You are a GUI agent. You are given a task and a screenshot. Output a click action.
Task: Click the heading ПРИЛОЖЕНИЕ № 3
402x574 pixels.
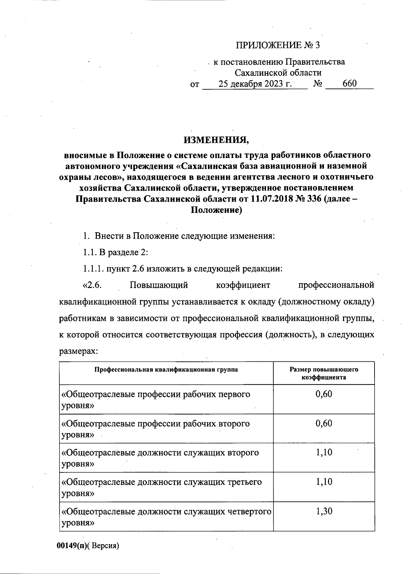[278, 45]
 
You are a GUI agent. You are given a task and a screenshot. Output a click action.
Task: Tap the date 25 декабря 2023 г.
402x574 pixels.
[255, 84]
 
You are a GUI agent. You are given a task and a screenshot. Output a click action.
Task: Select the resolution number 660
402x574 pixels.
[349, 84]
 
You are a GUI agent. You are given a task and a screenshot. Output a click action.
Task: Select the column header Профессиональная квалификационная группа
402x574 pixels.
[166, 369]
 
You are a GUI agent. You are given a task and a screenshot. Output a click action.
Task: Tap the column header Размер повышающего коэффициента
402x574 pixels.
[324, 373]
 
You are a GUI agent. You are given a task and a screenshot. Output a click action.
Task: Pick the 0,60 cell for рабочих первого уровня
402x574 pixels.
[324, 394]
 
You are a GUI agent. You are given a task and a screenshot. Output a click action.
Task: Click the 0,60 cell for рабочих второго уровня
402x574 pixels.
[324, 423]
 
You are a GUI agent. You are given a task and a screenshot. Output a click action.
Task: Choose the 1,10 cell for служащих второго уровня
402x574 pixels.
[324, 453]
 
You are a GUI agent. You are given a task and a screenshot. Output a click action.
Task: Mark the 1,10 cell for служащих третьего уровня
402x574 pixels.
[324, 482]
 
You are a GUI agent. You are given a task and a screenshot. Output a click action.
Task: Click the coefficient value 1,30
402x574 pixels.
[324, 512]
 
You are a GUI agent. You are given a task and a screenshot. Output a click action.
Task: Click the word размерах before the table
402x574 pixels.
[78, 351]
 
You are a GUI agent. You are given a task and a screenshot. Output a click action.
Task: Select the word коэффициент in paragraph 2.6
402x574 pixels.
[243, 285]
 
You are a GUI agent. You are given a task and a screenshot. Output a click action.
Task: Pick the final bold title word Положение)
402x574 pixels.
[216, 210]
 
